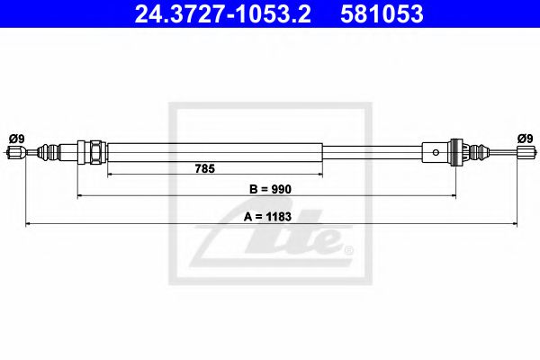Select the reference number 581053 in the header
382,14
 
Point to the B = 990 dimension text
268,189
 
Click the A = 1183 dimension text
270,216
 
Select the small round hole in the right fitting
436,152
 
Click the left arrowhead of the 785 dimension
111,172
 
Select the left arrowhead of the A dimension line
28,221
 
